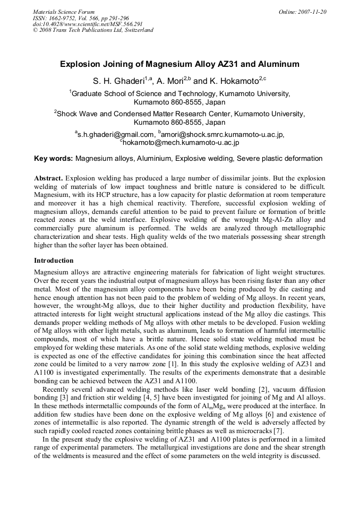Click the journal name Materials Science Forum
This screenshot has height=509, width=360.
pos(64,12)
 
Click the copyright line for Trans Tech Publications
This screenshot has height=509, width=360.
pos(93,30)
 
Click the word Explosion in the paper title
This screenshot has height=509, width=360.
pos(81,64)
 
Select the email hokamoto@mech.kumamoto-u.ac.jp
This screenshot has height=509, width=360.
pos(181,142)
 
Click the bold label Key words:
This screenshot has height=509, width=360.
pos(54,158)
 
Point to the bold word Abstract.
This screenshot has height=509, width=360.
pos(48,178)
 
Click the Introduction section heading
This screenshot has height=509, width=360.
pos(54,261)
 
